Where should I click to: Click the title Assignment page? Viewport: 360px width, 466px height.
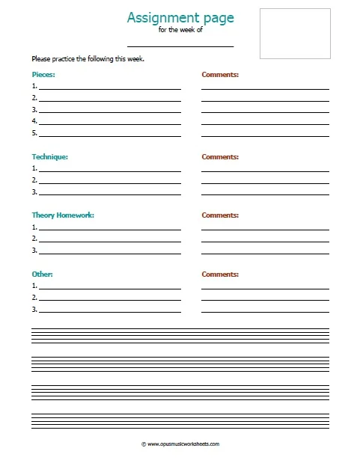(x=180, y=17)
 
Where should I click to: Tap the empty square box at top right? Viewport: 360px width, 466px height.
(x=295, y=34)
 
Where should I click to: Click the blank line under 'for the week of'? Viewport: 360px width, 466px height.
(x=180, y=46)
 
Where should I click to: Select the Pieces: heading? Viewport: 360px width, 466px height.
(x=43, y=76)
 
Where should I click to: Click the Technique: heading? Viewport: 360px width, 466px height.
(x=50, y=157)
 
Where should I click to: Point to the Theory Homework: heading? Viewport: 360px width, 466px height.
(x=63, y=215)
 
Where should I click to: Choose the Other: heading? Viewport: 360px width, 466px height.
(x=42, y=274)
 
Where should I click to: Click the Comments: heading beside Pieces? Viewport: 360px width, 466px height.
(x=220, y=76)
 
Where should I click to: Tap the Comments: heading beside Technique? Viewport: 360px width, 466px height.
(x=220, y=157)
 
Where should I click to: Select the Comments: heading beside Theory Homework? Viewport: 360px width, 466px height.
(x=220, y=215)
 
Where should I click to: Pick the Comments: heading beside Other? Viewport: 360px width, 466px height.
(x=220, y=274)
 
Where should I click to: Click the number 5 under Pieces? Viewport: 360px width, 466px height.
(x=34, y=133)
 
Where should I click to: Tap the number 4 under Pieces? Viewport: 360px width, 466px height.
(x=34, y=121)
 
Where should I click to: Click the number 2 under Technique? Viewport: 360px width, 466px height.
(x=34, y=180)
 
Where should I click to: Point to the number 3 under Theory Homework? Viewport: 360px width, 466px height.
(x=34, y=251)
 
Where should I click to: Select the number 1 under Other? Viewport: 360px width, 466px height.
(x=34, y=286)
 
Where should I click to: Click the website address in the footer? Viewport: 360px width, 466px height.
(x=180, y=444)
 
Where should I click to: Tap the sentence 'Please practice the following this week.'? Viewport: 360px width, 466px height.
(x=87, y=59)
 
